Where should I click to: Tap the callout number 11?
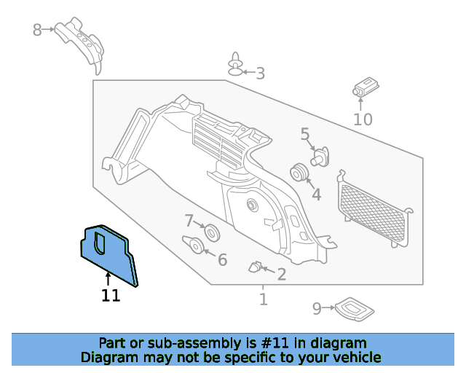click(111, 296)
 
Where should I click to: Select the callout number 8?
click(37, 30)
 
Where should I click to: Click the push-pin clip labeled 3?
click(235, 65)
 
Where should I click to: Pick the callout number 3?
click(261, 74)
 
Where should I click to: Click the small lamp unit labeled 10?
click(366, 87)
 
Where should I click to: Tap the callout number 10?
click(363, 119)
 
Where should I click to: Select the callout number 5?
click(305, 134)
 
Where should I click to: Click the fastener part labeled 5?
click(320, 157)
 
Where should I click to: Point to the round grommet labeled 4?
click(299, 172)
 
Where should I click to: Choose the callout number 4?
click(317, 195)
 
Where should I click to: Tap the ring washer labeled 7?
click(212, 233)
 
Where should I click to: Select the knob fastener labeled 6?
click(194, 245)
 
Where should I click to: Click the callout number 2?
click(282, 275)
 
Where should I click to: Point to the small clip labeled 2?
click(255, 267)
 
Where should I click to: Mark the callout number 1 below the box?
click(264, 299)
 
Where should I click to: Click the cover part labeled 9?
click(355, 309)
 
